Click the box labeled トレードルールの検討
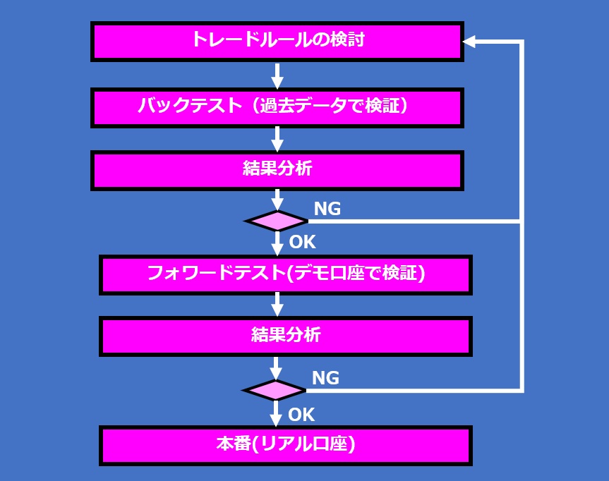click(x=277, y=40)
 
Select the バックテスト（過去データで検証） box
click(x=277, y=107)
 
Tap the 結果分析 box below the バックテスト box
click(x=277, y=170)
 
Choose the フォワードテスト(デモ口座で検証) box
click(x=286, y=274)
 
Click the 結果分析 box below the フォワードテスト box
click(x=286, y=336)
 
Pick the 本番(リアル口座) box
click(x=286, y=445)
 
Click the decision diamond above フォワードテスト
click(x=277, y=221)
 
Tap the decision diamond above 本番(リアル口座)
click(x=275, y=390)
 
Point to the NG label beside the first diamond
click(x=327, y=209)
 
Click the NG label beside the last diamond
click(x=325, y=378)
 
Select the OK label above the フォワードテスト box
click(x=303, y=242)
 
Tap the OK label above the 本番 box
click(x=301, y=413)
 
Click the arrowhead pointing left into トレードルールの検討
click(x=470, y=42)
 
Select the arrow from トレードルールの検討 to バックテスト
click(x=277, y=74)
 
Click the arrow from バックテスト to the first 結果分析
click(x=277, y=138)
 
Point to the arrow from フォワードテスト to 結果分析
click(x=277, y=305)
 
